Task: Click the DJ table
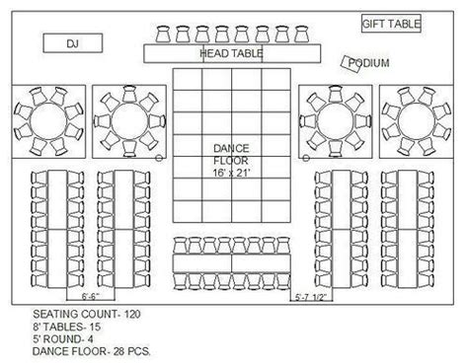tap(72, 43)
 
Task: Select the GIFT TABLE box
tap(391, 23)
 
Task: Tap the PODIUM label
tap(369, 64)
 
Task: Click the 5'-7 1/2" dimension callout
tap(310, 295)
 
